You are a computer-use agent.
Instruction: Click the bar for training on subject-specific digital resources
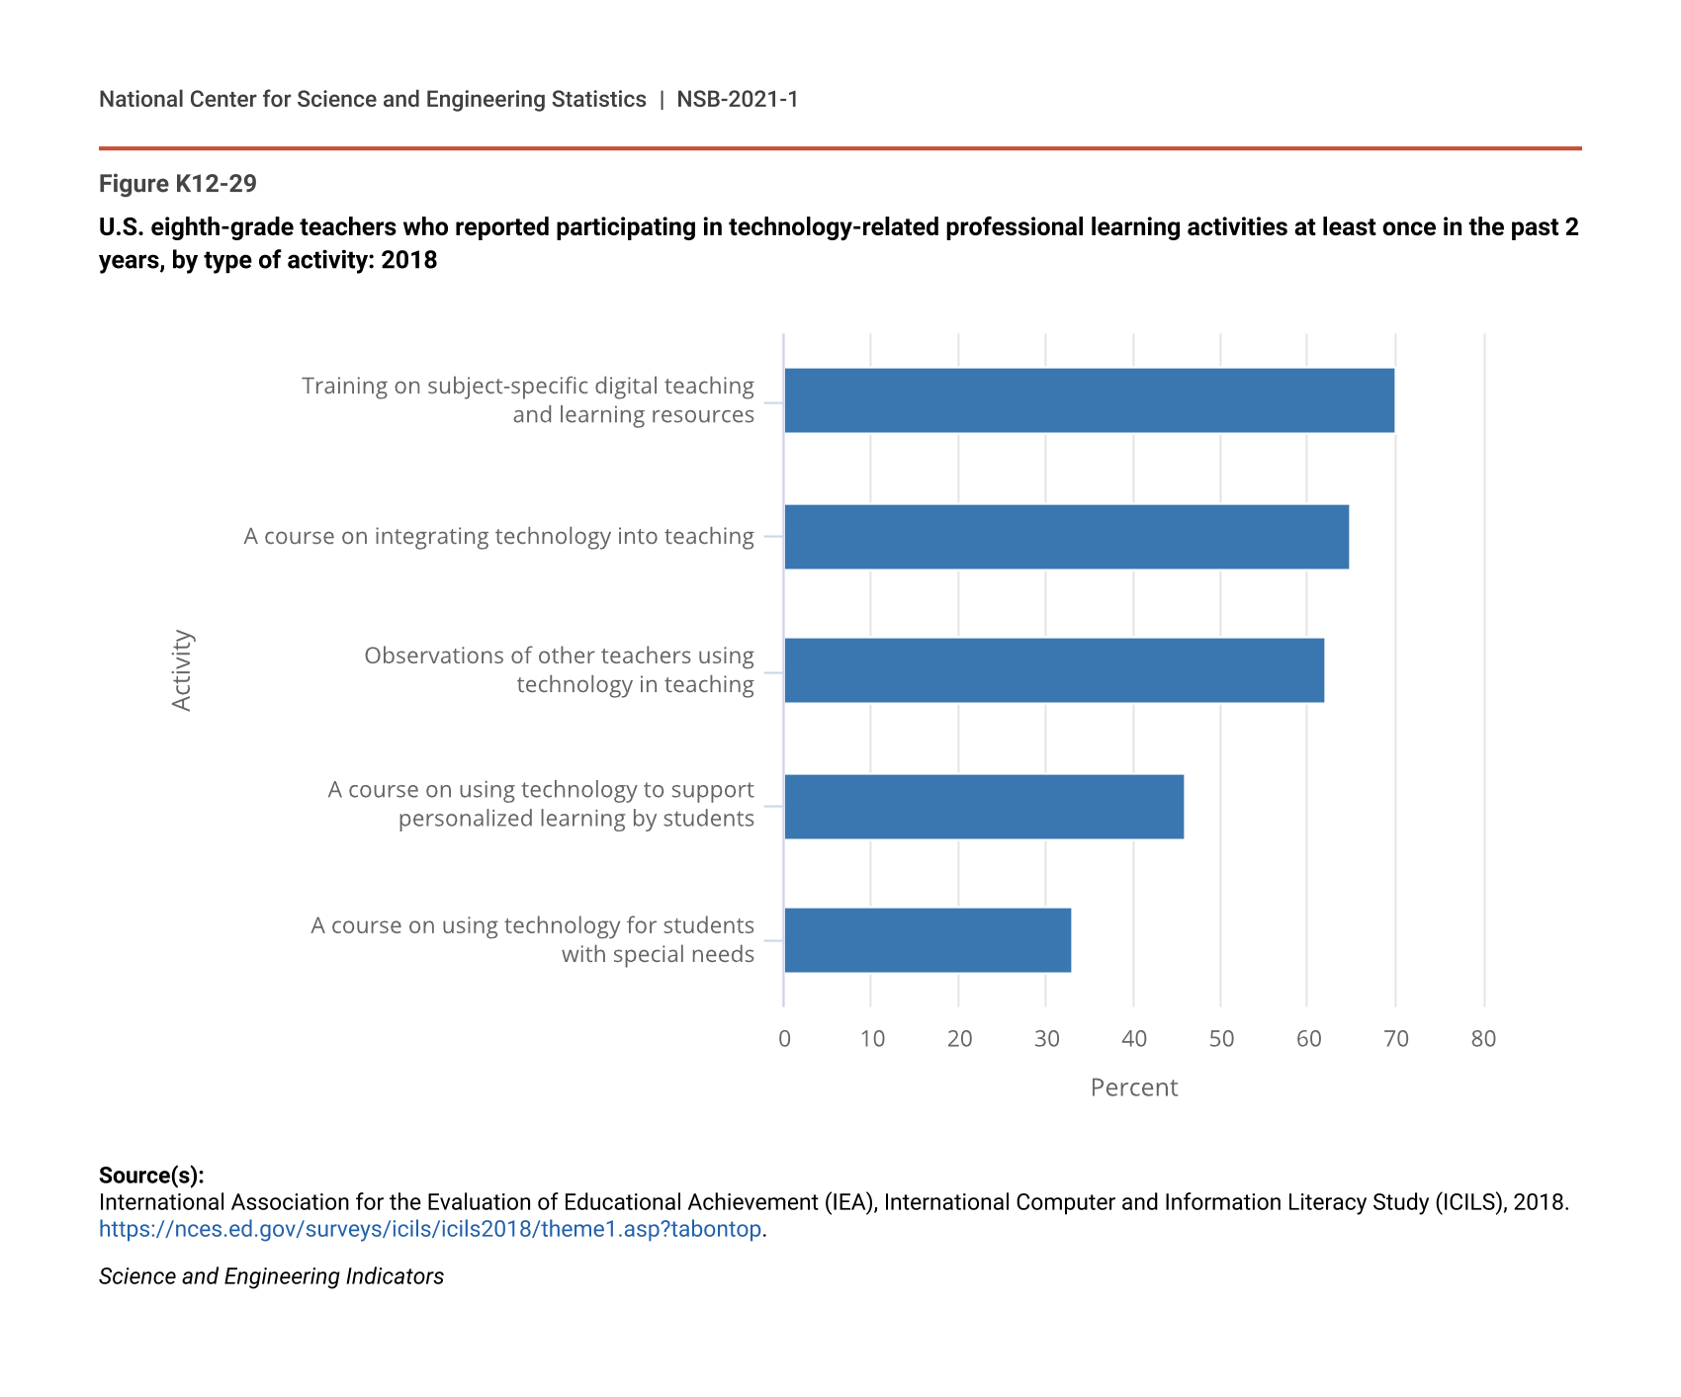tap(1089, 400)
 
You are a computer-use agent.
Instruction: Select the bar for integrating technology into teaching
tap(1066, 537)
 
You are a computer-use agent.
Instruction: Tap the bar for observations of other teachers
tap(1054, 670)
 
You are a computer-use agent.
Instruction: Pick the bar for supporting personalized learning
tap(984, 807)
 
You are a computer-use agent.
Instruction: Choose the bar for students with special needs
tap(928, 940)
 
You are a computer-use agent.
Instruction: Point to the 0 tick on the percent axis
tap(784, 1039)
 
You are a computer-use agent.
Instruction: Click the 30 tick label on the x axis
tap(1046, 1039)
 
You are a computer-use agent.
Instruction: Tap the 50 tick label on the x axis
tap(1221, 1039)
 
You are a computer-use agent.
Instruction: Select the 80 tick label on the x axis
tap(1483, 1039)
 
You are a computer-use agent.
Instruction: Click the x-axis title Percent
tap(1133, 1088)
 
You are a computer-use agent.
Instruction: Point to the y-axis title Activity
tap(182, 670)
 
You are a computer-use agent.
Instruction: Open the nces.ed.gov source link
tap(430, 1230)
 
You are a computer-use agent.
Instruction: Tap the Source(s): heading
tap(151, 1176)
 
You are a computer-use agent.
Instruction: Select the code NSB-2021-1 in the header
tap(737, 100)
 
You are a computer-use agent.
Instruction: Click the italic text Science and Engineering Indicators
tap(271, 1277)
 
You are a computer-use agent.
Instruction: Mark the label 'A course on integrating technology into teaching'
tap(498, 537)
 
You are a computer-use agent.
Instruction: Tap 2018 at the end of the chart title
tap(409, 261)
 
